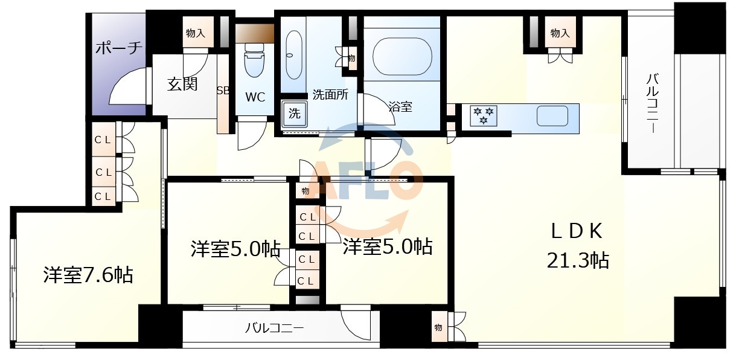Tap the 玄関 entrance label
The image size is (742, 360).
point(182,84)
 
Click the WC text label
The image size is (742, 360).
point(254,97)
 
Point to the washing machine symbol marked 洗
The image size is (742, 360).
point(294,113)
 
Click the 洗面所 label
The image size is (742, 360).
point(330,95)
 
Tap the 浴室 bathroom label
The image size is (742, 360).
point(400,108)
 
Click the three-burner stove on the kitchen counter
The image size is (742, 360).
point(484,115)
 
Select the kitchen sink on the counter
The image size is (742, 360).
point(551,115)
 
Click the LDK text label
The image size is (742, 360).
point(577,231)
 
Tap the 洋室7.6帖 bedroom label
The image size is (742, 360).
point(88,275)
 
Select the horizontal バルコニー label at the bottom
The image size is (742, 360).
point(274,328)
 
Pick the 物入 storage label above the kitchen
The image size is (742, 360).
point(560,33)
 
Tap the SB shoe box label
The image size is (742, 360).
point(223,91)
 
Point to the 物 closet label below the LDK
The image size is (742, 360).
point(438,327)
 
